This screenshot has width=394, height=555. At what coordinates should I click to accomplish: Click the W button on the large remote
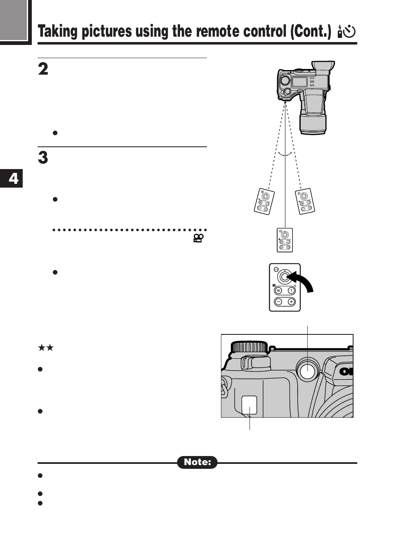[x=278, y=291]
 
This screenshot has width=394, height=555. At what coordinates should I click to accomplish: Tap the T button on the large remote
[x=291, y=291]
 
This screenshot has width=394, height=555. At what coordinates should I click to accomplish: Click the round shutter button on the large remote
[x=285, y=277]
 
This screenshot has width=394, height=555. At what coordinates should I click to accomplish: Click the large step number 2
[x=43, y=69]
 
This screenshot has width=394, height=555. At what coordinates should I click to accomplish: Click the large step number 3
[x=43, y=158]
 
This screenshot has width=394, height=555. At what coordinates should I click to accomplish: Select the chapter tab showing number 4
[x=12, y=179]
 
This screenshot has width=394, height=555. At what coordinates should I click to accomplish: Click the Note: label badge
[x=197, y=462]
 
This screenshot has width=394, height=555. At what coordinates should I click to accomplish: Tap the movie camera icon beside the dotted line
[x=199, y=238]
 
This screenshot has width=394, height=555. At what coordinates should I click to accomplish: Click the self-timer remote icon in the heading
[x=347, y=32]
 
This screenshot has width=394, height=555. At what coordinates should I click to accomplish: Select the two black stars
[x=46, y=348]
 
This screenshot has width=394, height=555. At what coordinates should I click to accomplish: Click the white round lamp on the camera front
[x=307, y=372]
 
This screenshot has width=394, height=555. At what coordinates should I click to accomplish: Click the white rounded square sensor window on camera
[x=249, y=404]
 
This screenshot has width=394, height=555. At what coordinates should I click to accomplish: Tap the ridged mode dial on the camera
[x=249, y=347]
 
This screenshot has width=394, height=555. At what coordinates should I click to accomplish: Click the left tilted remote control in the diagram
[x=264, y=201]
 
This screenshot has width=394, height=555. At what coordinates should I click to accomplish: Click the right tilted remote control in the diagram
[x=306, y=201]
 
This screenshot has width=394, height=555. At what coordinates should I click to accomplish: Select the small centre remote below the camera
[x=285, y=240]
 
